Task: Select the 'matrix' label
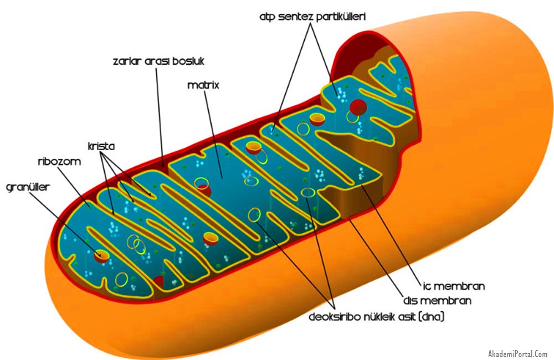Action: (x=203, y=85)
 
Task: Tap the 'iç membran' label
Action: (x=453, y=286)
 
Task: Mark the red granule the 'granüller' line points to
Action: (x=101, y=255)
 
